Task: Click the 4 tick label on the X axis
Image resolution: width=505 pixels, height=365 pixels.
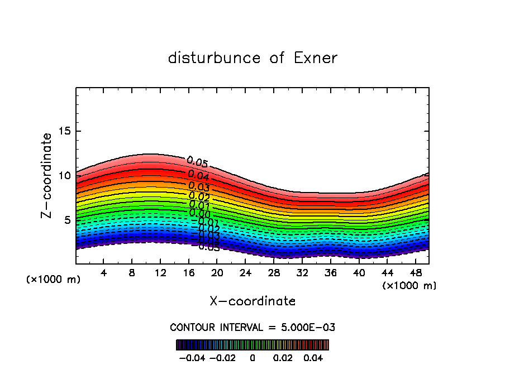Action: tap(104, 273)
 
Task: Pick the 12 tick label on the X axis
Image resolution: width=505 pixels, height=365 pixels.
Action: tap(160, 273)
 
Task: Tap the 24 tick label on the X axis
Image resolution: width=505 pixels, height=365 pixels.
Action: tap(245, 273)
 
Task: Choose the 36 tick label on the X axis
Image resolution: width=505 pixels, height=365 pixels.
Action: tap(330, 273)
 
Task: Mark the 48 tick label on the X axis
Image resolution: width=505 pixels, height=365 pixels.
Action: tap(415, 273)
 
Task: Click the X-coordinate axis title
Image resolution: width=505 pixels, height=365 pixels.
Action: tap(252, 301)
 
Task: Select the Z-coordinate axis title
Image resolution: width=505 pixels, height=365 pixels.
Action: tap(47, 175)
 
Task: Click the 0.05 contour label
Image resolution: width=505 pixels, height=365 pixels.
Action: tap(197, 162)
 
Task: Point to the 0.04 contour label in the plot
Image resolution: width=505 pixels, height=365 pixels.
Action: tap(198, 175)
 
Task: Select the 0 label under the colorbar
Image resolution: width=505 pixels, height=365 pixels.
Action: tap(252, 357)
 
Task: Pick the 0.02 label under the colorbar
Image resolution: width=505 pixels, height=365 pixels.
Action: tap(283, 357)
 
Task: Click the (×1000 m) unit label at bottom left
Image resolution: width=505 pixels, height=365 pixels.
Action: tap(54, 280)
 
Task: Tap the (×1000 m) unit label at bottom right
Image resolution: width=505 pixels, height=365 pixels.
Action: tap(409, 286)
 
